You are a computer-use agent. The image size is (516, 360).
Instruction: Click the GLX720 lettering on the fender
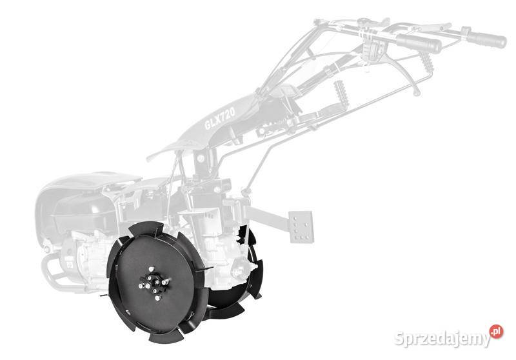pyautogui.click(x=220, y=119)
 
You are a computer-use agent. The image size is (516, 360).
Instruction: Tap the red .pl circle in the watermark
pyautogui.click(x=496, y=331)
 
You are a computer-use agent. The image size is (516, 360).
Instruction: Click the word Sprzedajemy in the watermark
pyautogui.click(x=442, y=338)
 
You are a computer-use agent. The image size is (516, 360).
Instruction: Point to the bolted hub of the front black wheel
pyautogui.click(x=154, y=283)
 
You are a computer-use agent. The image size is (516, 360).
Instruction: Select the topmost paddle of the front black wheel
pyautogui.click(x=147, y=228)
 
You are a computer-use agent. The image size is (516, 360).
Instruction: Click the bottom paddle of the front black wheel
pyautogui.click(x=166, y=335)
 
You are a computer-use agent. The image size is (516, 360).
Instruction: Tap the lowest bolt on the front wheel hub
pyautogui.click(x=158, y=298)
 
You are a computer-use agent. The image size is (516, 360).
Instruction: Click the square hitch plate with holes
pyautogui.click(x=301, y=226)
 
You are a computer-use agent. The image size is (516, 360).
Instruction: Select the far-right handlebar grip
pyautogui.click(x=486, y=39)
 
